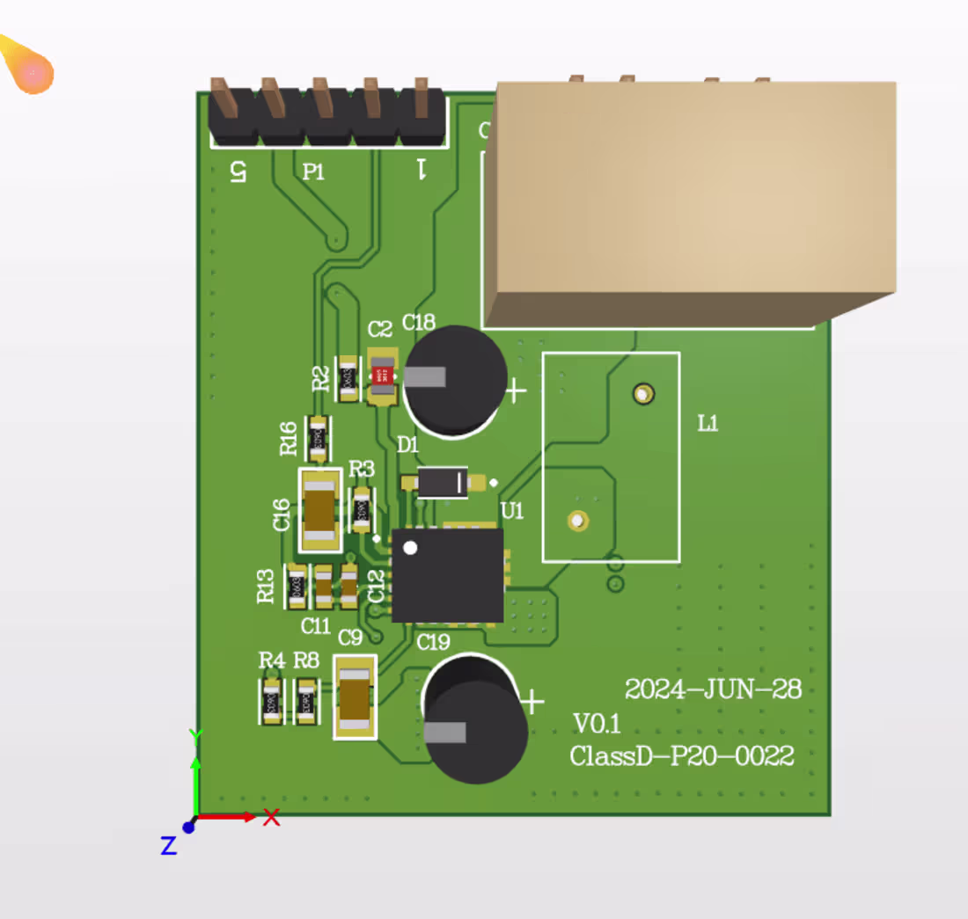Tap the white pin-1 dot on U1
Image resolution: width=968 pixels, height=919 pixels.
click(x=410, y=548)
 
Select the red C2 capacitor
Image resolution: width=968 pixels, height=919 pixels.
click(x=381, y=378)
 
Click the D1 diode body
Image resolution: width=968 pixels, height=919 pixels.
click(x=443, y=482)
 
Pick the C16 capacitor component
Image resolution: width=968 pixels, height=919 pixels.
click(x=320, y=510)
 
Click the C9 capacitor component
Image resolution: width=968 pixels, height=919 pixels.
click(x=356, y=697)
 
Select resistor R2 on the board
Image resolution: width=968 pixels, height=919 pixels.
click(x=348, y=378)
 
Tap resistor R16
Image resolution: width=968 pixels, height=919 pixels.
click(x=318, y=438)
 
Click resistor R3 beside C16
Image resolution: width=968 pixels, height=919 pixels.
click(x=362, y=510)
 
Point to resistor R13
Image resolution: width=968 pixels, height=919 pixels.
click(x=297, y=585)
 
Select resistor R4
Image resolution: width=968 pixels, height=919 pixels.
click(x=272, y=701)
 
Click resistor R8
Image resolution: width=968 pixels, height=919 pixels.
click(x=306, y=701)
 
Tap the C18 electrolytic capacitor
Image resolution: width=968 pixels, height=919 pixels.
click(x=456, y=378)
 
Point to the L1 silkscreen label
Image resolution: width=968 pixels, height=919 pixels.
click(x=708, y=424)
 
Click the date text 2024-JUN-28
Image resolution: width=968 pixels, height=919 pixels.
click(x=713, y=689)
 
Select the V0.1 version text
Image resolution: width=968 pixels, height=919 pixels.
click(x=597, y=724)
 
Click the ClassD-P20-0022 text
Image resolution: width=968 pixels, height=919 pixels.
click(x=681, y=756)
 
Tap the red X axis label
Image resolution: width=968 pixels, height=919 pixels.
click(x=272, y=818)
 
